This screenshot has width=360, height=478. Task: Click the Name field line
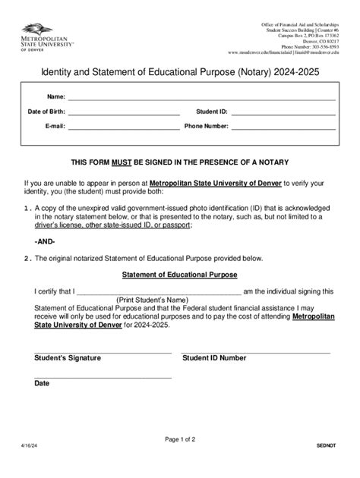[x=201, y=98]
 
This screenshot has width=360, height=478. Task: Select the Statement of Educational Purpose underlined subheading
[x=180, y=274]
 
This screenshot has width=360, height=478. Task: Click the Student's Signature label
[x=68, y=357]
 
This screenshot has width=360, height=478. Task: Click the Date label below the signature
[x=42, y=384]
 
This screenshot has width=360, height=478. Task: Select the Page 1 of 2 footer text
[x=179, y=439]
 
